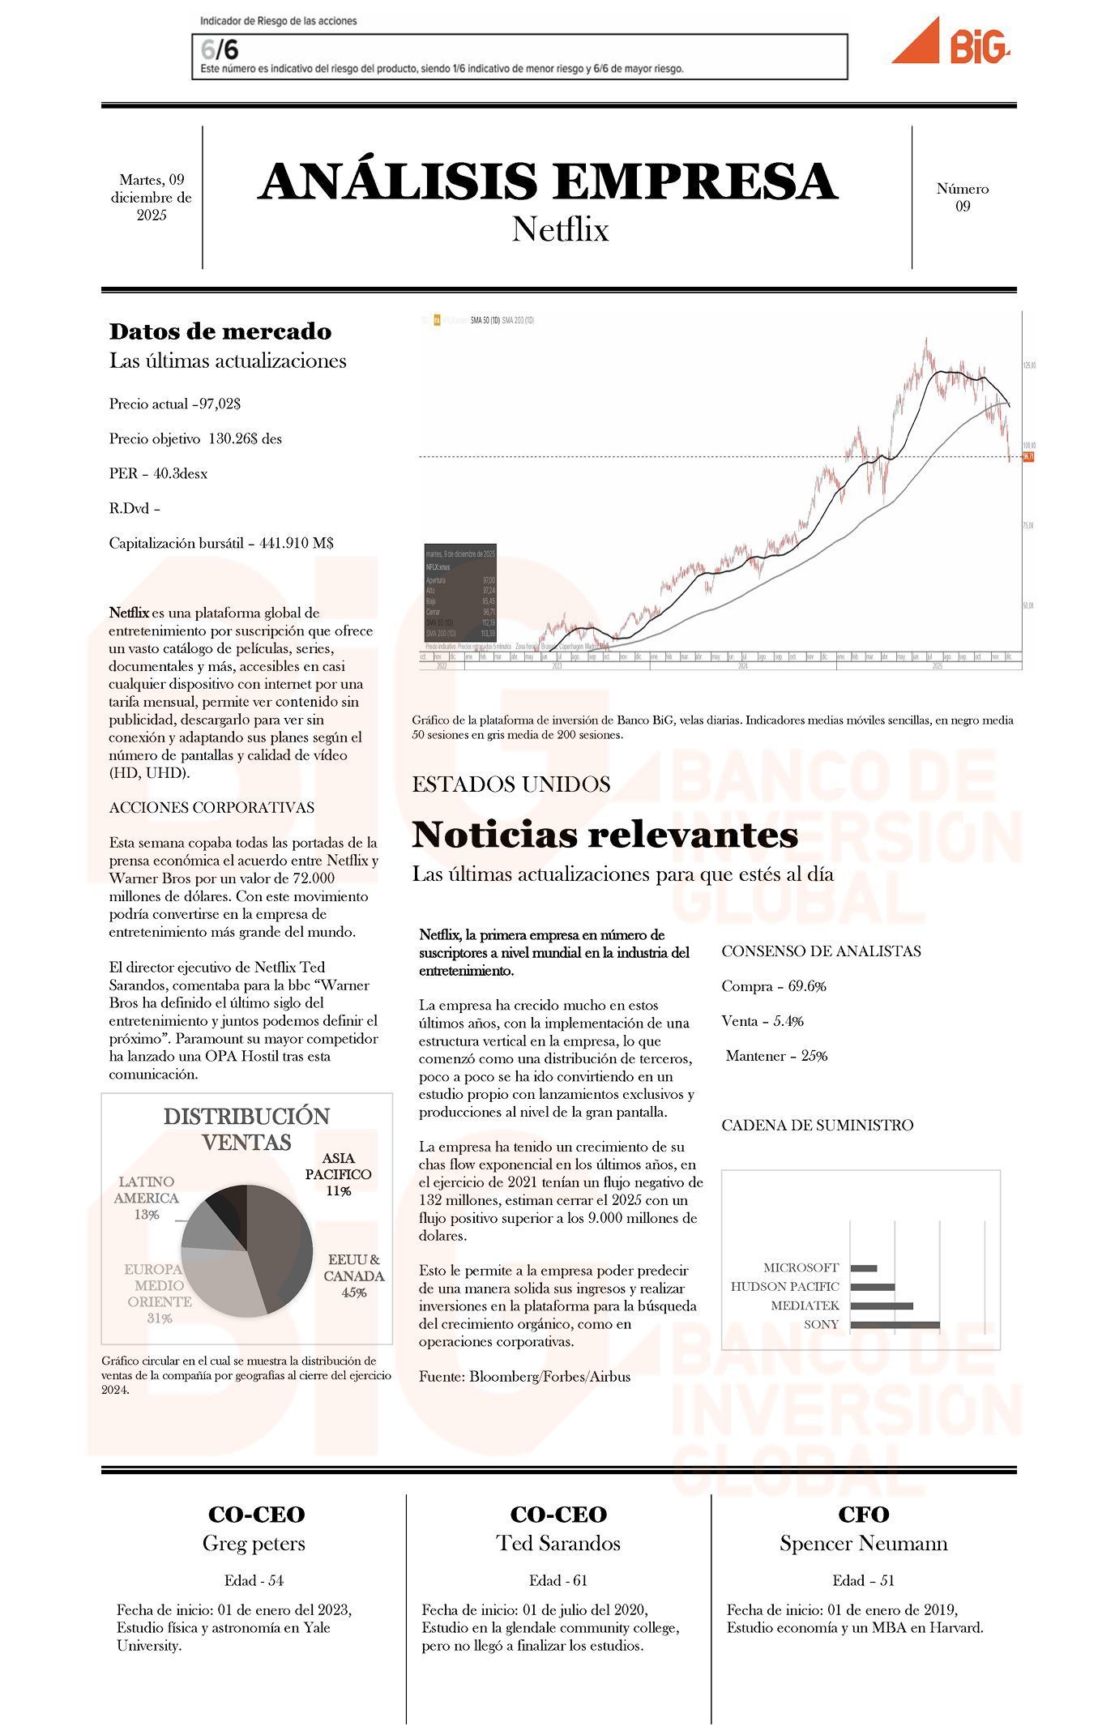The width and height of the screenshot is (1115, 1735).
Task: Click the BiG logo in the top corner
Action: point(951,43)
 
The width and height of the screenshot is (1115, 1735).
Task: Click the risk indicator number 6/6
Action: point(220,50)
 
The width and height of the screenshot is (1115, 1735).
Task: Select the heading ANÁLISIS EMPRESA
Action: point(549,181)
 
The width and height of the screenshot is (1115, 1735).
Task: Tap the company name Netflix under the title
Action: point(560,229)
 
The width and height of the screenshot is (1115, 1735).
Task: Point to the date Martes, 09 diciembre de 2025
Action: point(152,197)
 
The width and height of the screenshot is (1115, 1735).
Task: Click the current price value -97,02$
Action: point(219,404)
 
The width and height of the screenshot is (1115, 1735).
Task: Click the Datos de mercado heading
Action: point(220,331)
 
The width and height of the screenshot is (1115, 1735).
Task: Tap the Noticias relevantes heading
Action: point(604,835)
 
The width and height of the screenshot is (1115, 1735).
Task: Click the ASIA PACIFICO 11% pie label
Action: point(338,1174)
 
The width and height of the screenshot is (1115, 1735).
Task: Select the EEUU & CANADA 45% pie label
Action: point(353,1276)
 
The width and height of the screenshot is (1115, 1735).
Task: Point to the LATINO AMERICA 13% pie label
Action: point(146,1198)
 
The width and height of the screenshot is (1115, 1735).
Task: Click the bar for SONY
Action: point(895,1325)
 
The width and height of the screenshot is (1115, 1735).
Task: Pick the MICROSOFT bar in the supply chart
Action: point(864,1268)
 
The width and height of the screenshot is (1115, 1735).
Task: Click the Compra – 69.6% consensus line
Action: point(774,986)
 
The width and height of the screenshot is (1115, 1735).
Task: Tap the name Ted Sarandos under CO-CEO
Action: point(558,1544)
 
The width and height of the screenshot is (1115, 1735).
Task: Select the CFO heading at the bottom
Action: point(863,1515)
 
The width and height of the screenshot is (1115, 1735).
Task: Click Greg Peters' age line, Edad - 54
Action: point(254,1580)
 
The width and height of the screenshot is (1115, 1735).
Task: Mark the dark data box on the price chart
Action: point(460,592)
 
